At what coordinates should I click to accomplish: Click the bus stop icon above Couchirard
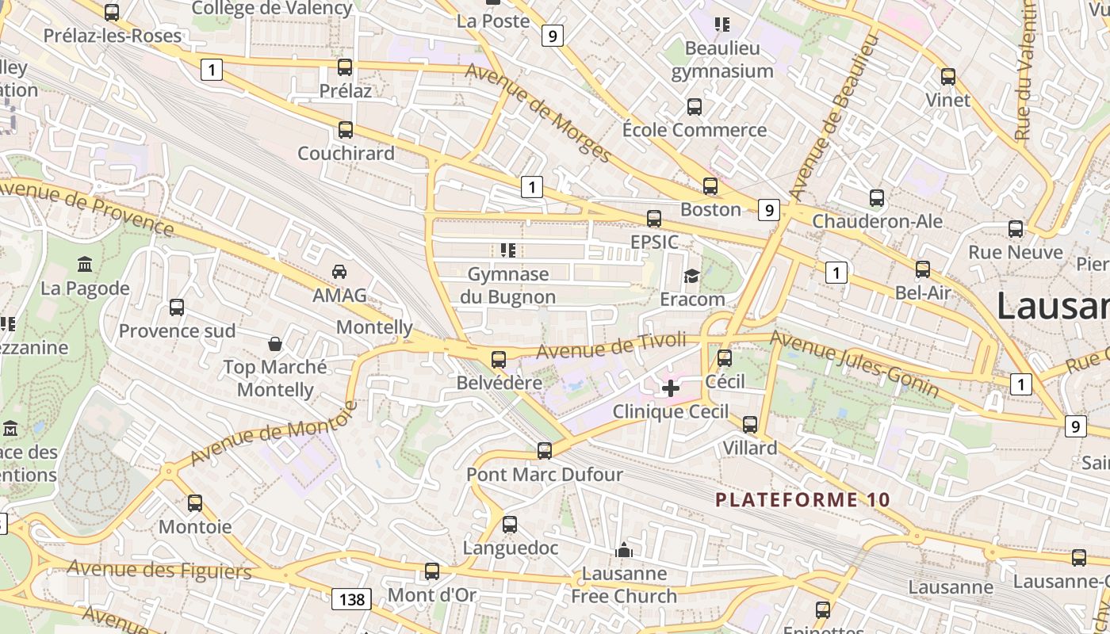[x=346, y=130]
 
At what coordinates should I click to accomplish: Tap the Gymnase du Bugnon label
[x=507, y=285]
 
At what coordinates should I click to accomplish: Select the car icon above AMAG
[x=339, y=272]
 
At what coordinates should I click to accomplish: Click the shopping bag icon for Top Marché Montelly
[x=275, y=344]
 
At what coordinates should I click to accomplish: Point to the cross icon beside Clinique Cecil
[x=671, y=388]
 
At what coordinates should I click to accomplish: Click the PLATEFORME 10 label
[x=803, y=500]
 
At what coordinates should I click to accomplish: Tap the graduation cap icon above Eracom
[x=692, y=276]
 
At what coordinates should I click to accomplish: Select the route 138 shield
[x=351, y=599]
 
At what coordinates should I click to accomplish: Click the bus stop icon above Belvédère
[x=499, y=360]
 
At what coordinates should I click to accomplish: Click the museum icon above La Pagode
[x=85, y=264]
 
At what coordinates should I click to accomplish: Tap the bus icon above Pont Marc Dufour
[x=544, y=451]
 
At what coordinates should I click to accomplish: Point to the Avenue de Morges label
[x=538, y=113]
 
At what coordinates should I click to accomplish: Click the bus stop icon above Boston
[x=710, y=186]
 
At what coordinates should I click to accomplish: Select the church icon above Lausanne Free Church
[x=624, y=549]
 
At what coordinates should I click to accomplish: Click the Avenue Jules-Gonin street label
[x=855, y=365]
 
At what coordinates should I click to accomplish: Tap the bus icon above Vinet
[x=948, y=77]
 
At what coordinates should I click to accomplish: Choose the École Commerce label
[x=695, y=130]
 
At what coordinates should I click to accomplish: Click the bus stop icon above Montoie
[x=195, y=502]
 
